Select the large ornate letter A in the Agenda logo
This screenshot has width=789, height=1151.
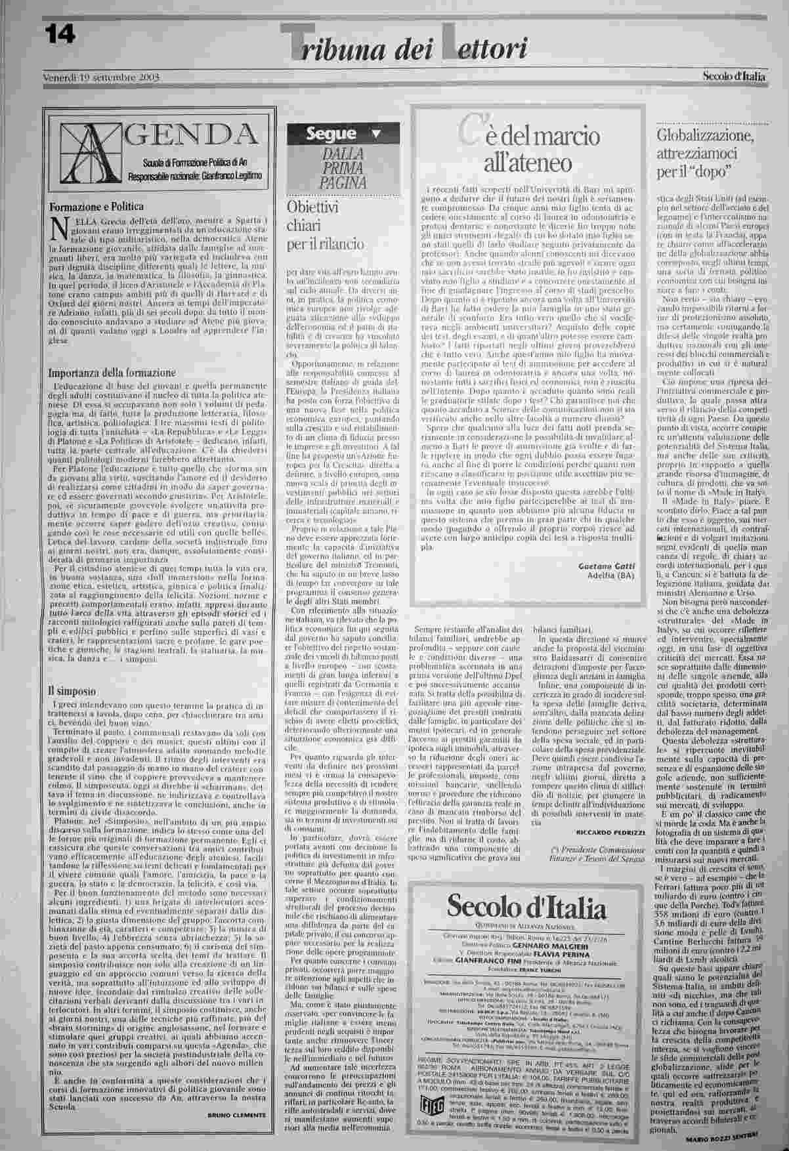[85, 147]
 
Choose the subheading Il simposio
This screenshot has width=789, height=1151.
[72, 691]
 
